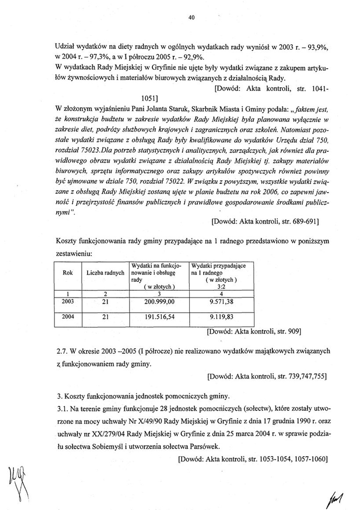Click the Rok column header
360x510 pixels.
pos(68,273)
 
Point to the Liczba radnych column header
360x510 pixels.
pos(105,273)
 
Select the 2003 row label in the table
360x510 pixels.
pos(68,302)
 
